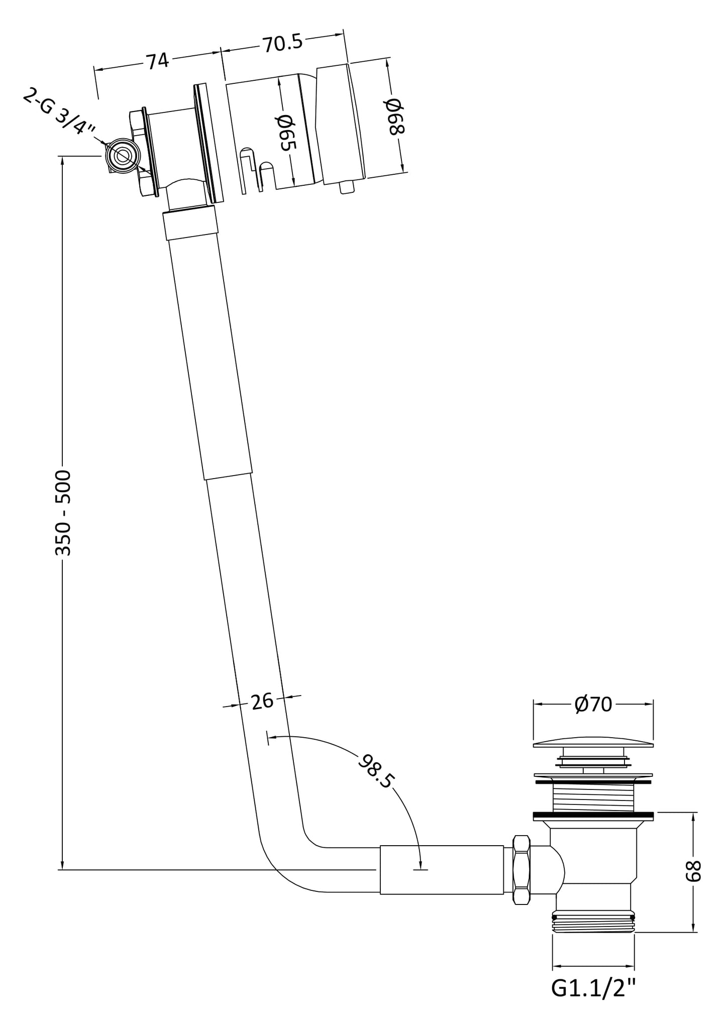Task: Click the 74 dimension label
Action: pyautogui.click(x=157, y=61)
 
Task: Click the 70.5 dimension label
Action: pyautogui.click(x=282, y=43)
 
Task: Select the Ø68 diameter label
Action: pyautogui.click(x=394, y=116)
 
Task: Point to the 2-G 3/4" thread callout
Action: pyautogui.click(x=59, y=112)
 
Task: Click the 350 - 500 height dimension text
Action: pyautogui.click(x=63, y=513)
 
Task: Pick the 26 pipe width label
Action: pyautogui.click(x=262, y=701)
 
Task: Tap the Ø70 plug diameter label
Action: pyautogui.click(x=593, y=705)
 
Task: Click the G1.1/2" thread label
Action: pyautogui.click(x=593, y=989)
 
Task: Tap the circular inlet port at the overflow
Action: pyautogui.click(x=122, y=156)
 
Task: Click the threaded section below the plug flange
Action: pyautogui.click(x=593, y=798)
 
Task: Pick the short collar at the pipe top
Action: pyautogui.click(x=190, y=222)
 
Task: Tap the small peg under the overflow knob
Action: pyautogui.click(x=346, y=187)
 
